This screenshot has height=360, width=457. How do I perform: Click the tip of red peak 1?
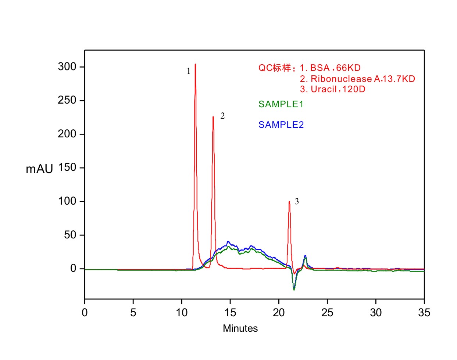pos(195,65)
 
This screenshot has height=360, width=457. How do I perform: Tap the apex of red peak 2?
pos(213,117)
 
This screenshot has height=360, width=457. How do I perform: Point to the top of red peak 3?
pos(289,201)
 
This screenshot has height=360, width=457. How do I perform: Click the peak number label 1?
pos(189,71)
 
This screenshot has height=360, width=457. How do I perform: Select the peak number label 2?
pos(222,116)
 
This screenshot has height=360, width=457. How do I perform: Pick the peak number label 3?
pos(297,202)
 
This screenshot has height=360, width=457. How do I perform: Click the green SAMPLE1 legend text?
pos(281,104)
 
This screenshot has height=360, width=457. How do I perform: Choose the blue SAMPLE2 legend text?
pos(281,125)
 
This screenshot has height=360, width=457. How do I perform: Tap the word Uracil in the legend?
pos(324,89)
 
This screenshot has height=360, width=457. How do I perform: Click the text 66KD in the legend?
pos(348,68)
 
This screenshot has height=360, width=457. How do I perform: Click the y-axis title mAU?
pos(39,169)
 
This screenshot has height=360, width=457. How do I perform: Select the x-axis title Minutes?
pos(240,328)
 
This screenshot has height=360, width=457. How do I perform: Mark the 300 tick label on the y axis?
pos(67,67)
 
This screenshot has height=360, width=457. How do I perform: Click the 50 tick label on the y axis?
pos(70,235)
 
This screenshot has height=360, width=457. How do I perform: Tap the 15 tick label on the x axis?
pos(230,313)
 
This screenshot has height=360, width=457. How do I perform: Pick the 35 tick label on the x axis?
pos(424,313)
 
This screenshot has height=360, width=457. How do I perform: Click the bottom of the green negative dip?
pos(294,290)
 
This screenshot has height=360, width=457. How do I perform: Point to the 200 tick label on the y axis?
pos(67,134)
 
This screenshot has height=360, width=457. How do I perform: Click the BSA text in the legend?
pos(320,68)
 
